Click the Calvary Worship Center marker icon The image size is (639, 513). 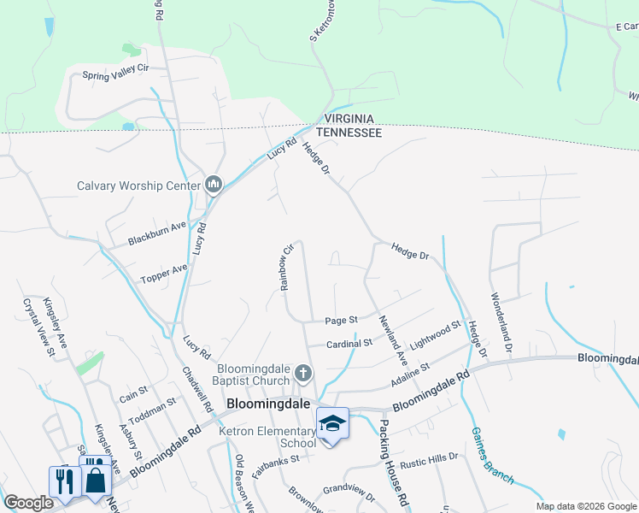point(214,185)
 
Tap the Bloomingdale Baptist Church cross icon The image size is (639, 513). point(303,374)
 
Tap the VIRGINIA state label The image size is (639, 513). point(349,120)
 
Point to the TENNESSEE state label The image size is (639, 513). point(349,133)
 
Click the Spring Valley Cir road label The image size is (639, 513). point(116,75)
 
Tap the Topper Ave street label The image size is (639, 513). point(163,274)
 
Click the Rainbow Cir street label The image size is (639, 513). point(287,268)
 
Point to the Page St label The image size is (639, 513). point(341,321)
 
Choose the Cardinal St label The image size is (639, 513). point(349,343)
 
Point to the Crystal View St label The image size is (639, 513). point(38,326)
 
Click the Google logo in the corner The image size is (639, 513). point(28,503)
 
